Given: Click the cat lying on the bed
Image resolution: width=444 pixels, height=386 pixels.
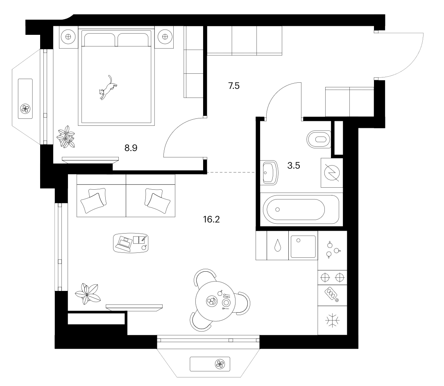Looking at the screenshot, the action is coord(108,88).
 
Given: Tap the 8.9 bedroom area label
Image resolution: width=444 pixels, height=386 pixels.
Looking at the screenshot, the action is coord(131,148).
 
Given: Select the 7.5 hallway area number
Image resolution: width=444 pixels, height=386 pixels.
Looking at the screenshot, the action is coord(234,86).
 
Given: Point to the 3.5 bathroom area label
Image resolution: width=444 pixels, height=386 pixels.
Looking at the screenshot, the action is coord(294,166).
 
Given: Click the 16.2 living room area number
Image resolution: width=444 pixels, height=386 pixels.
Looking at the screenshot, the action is coord(211,219).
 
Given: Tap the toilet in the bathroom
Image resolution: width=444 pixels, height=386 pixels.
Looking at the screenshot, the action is coord(319,139).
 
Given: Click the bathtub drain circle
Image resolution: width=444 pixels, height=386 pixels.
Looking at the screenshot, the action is coord(278,209).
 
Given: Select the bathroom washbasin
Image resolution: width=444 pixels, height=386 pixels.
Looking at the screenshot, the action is coord(269,173).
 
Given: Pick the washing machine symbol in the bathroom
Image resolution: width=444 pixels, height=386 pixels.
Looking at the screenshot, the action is coord(332,173).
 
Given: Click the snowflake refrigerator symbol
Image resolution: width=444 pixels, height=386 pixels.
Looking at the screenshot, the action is coord(332,320).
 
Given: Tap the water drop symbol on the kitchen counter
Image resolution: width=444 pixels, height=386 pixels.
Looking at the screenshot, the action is coord(278,245).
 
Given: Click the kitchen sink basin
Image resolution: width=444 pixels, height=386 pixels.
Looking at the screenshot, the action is coord(303,246).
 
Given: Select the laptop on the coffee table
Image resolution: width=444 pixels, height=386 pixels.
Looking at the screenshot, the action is coord(125,243).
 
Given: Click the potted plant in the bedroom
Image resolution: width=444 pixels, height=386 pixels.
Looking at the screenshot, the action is coord(66,137).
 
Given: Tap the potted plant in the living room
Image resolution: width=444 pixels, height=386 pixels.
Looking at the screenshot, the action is coord(88,294).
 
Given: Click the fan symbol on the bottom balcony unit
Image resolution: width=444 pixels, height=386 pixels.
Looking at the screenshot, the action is coord(220,364).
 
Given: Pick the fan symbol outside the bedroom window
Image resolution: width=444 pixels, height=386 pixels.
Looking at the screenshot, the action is coord(25,109).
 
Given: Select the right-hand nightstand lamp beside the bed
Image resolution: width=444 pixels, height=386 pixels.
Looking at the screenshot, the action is coord(165,37).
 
